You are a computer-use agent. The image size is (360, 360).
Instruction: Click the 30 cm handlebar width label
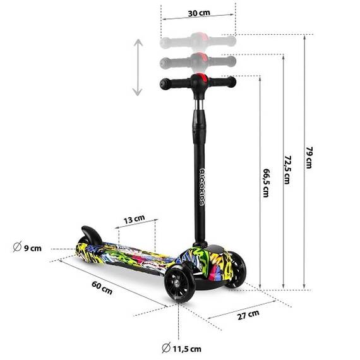198,13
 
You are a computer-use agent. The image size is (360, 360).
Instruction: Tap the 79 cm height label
309,157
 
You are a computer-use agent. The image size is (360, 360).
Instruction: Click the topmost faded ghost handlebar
198,42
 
